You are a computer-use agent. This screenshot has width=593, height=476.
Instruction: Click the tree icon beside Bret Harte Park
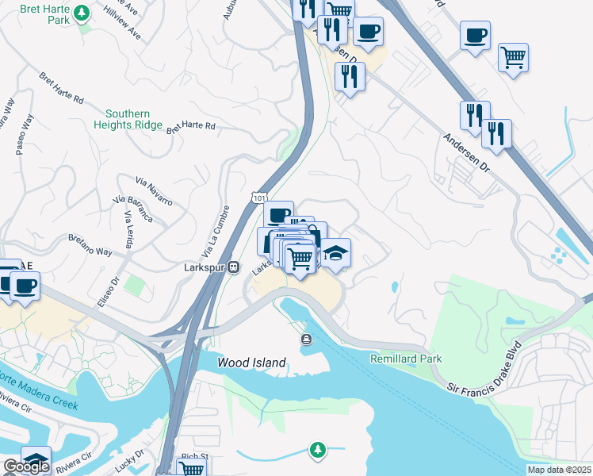click(x=81, y=13)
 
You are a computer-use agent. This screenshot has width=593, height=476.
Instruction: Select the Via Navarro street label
click(x=154, y=190)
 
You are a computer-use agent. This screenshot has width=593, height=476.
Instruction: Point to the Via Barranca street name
click(x=143, y=207)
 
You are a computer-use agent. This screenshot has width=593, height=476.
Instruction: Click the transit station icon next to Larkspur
click(x=234, y=267)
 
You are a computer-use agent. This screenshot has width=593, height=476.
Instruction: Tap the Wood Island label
click(x=252, y=363)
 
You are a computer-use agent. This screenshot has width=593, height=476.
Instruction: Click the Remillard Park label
click(x=406, y=359)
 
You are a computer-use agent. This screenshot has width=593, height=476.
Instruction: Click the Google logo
click(x=26, y=466)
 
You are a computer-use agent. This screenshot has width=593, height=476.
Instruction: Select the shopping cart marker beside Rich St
click(x=191, y=468)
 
